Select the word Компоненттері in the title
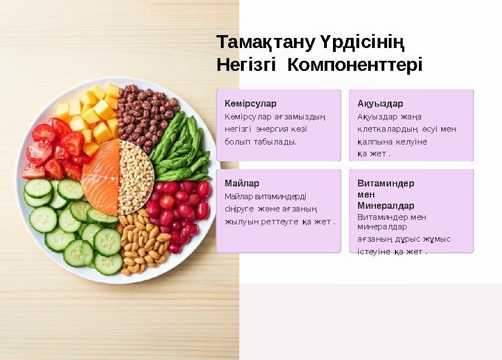355,65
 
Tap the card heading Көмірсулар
250,104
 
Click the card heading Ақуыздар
380,104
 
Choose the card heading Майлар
242,183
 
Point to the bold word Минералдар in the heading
385,205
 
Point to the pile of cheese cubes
92,114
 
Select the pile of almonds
142,243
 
